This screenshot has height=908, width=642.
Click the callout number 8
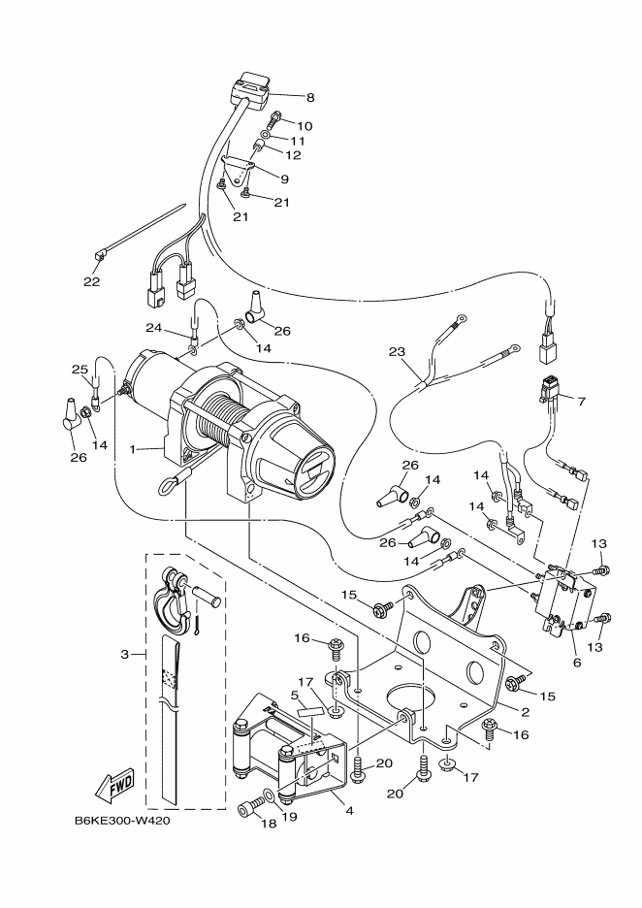310,97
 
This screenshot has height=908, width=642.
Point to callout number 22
91,282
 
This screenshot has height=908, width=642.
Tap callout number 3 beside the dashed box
125,654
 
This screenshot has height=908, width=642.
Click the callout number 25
80,370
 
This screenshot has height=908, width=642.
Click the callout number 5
294,695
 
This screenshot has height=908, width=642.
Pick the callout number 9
284,178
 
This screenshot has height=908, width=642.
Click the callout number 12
292,155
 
